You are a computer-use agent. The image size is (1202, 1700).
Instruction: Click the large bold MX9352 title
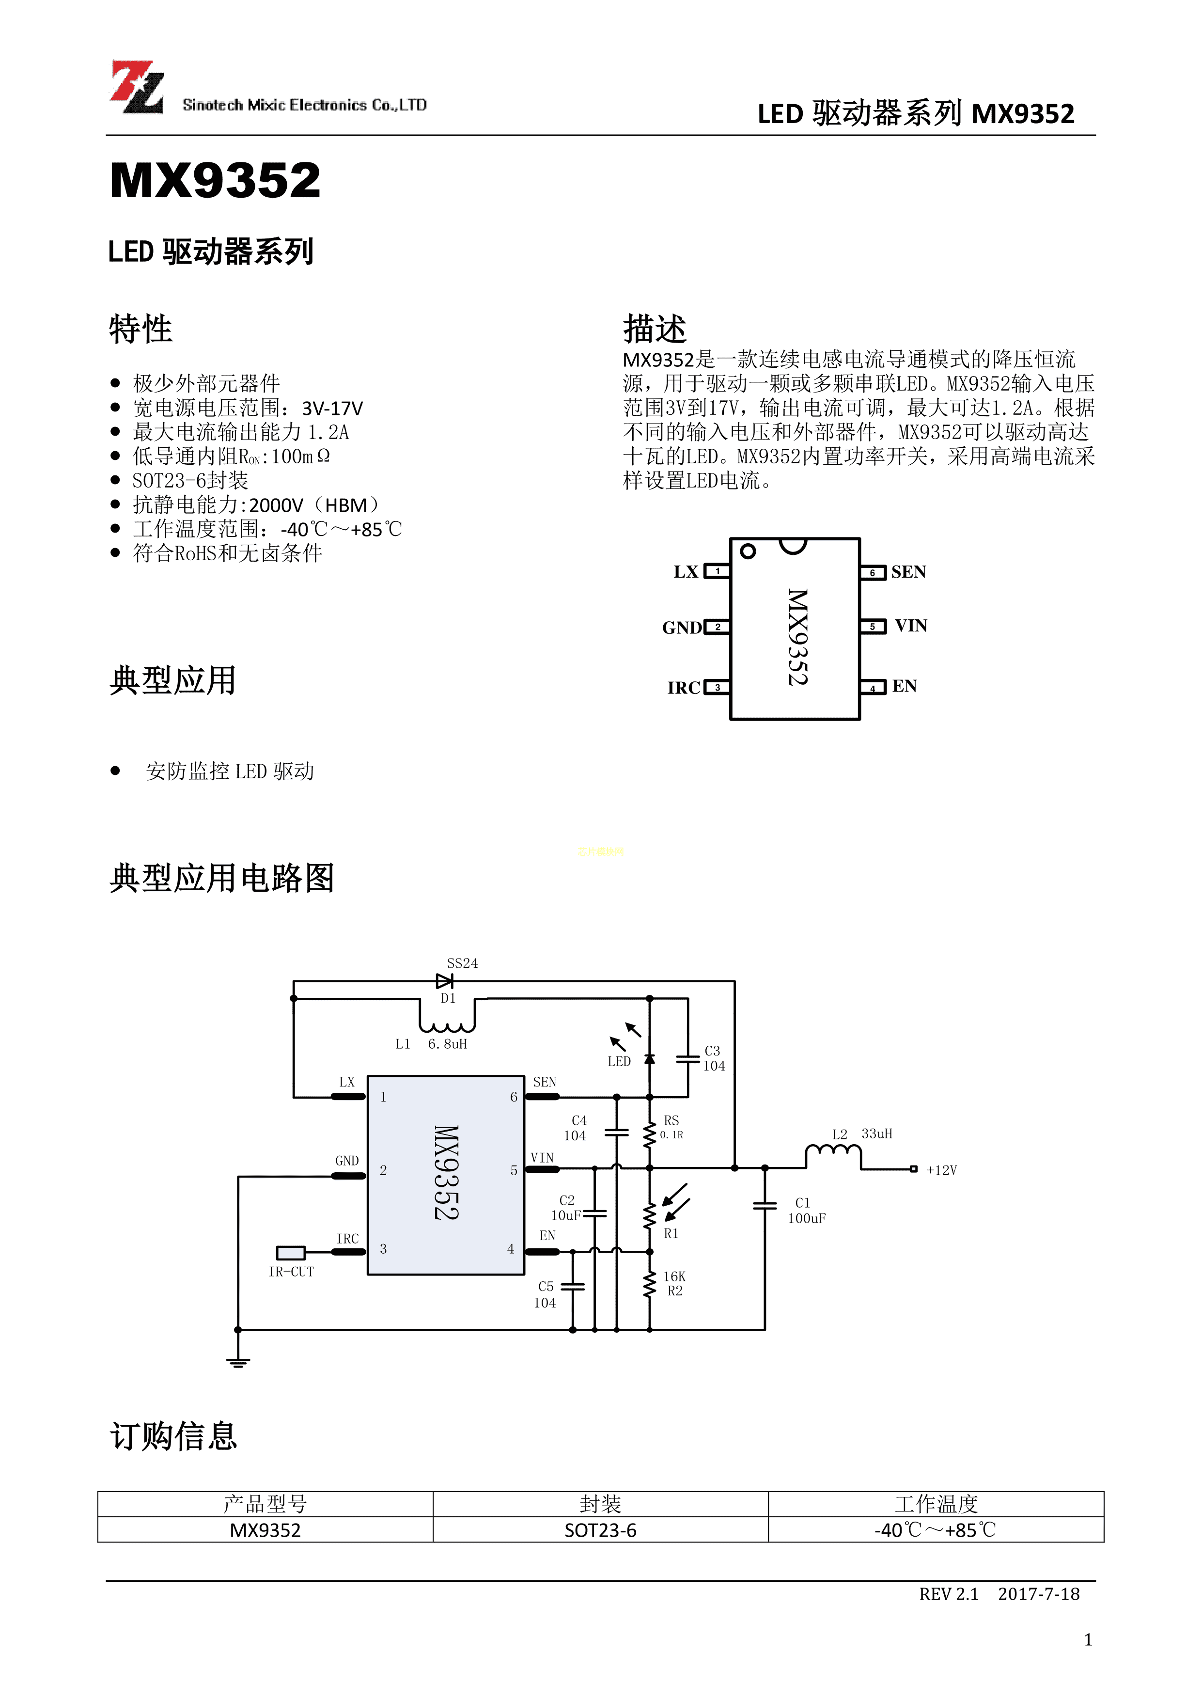(x=215, y=181)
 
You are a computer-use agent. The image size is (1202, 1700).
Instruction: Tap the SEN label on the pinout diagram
(x=908, y=572)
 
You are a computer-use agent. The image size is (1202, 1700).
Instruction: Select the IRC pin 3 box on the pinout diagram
(x=717, y=687)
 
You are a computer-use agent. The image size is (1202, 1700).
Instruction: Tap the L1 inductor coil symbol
(x=447, y=1025)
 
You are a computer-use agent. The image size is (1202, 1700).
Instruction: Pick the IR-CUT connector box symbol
(x=290, y=1253)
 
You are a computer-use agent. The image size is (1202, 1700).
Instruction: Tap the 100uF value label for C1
(x=806, y=1219)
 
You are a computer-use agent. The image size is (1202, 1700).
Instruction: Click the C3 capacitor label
(x=712, y=1051)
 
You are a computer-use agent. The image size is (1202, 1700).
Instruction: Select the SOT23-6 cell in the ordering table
(x=600, y=1530)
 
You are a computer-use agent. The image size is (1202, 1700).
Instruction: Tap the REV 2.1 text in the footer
(x=948, y=1594)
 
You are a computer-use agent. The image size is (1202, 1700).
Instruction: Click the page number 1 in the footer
(x=1087, y=1640)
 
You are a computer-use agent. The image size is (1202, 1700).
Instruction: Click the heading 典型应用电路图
(x=221, y=878)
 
